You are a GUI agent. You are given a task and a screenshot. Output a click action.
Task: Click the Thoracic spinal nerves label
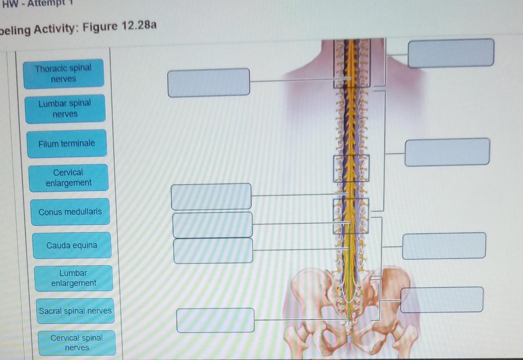[63, 74]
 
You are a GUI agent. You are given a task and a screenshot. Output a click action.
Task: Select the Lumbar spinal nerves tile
[65, 109]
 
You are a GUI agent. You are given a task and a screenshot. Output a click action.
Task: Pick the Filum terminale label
[67, 144]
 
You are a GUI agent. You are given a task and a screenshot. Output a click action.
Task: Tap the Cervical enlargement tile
[69, 178]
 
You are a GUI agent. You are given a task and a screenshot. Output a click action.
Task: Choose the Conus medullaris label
[70, 212]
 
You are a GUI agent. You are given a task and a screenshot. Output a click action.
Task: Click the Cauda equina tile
[72, 245]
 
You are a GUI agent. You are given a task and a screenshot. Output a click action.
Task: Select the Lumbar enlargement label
[74, 278]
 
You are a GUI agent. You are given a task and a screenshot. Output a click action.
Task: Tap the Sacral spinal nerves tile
[75, 311]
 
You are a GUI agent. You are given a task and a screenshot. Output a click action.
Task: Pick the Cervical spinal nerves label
[77, 343]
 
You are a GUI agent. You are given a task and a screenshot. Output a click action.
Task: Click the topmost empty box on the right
[451, 53]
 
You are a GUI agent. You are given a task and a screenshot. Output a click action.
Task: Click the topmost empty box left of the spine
[209, 83]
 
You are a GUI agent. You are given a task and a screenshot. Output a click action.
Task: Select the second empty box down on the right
[447, 152]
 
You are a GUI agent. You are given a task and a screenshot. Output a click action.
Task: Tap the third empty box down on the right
[444, 246]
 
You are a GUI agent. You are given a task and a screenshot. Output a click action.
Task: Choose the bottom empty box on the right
[442, 300]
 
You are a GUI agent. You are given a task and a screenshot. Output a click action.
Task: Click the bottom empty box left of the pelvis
[215, 320]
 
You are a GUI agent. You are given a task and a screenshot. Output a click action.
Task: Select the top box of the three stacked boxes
[211, 197]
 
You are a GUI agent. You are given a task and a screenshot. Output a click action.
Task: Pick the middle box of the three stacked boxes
[212, 225]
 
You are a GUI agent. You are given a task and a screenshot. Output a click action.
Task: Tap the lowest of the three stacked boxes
[213, 251]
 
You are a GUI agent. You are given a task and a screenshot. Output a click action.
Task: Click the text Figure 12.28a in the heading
[119, 26]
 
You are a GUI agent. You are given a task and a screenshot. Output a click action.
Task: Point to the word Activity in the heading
[55, 29]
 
